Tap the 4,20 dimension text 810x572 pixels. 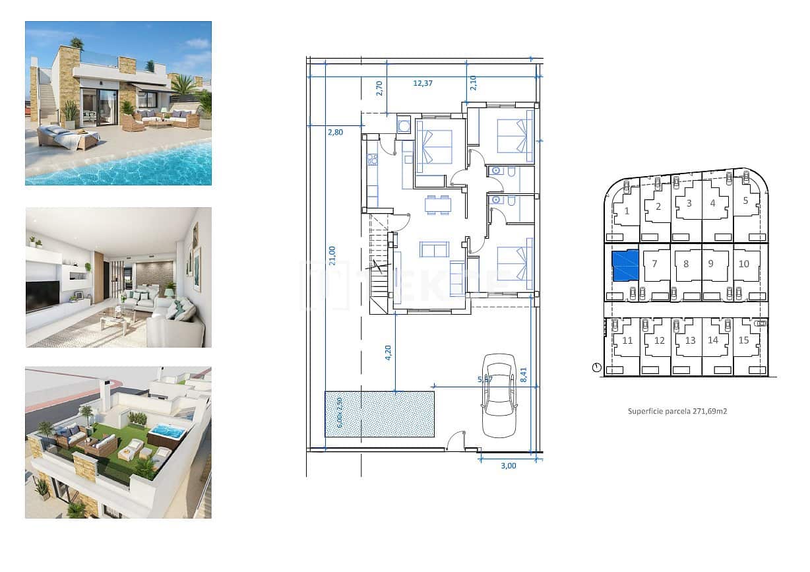tap(389, 352)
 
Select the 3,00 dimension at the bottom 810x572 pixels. tap(509, 465)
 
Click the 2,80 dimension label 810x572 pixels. tap(335, 132)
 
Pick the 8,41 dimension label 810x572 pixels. tap(524, 375)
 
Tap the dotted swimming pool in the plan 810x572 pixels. tap(379, 414)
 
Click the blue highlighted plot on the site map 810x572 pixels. tap(625, 265)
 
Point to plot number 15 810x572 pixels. tap(744, 340)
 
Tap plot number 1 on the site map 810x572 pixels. tap(626, 211)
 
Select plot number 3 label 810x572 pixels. tap(689, 203)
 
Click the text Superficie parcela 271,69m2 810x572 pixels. tap(677, 410)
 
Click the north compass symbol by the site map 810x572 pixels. tap(597, 367)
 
